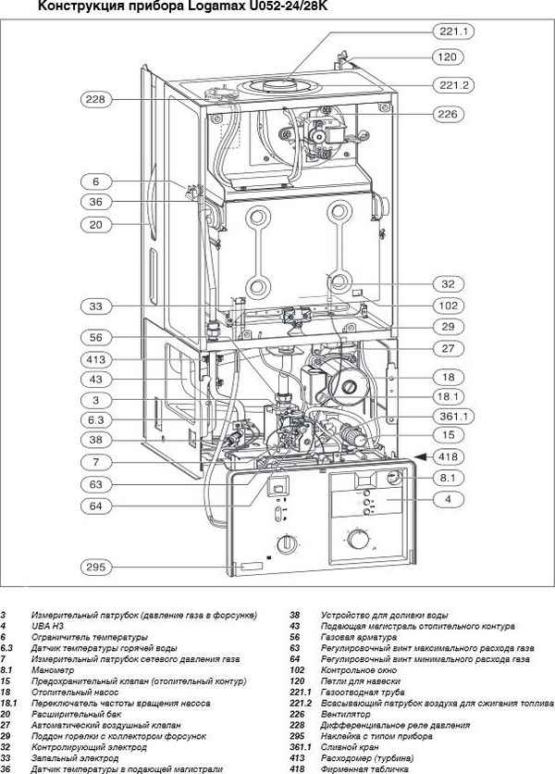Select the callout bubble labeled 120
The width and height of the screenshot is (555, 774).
[448, 57]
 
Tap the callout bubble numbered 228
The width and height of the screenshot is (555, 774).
[96, 99]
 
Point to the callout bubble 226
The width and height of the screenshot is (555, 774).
[448, 114]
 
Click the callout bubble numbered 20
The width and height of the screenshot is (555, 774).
[96, 224]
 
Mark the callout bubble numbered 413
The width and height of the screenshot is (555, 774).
[96, 359]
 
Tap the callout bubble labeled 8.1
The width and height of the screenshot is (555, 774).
[448, 478]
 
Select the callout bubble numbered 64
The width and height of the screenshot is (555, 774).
[96, 506]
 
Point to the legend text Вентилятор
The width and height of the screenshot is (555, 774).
[345, 713]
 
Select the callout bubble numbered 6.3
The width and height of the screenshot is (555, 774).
[96, 420]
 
